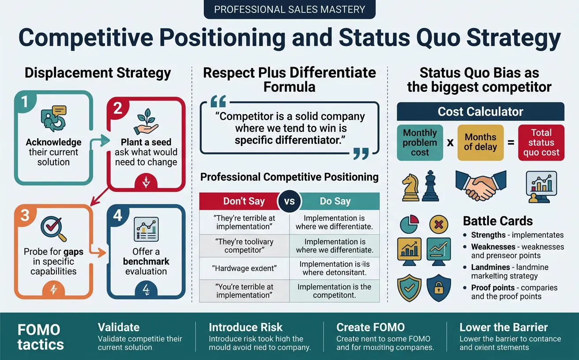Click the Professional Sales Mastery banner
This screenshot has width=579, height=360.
pyautogui.click(x=289, y=9)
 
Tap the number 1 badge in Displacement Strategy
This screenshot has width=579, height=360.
pyautogui.click(x=25, y=102)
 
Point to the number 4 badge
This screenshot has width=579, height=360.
pyautogui.click(x=117, y=216)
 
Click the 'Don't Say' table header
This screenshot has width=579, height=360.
pyautogui.click(x=244, y=201)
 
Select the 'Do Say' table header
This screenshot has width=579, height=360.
pyautogui.click(x=335, y=201)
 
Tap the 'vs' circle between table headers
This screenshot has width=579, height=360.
pyautogui.click(x=289, y=202)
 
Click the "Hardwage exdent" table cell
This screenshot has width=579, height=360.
pyautogui.click(x=244, y=268)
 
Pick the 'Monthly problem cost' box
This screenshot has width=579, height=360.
pyautogui.click(x=420, y=142)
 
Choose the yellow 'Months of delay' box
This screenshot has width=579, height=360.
pyautogui.click(x=480, y=142)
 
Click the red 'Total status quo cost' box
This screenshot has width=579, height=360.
pyautogui.click(x=541, y=142)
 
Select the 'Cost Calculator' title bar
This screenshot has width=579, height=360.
pyautogui.click(x=480, y=112)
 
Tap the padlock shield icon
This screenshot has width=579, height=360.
pyautogui.click(x=439, y=287)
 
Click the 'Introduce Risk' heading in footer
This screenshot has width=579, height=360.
pyautogui.click(x=245, y=327)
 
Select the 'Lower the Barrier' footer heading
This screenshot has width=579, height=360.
pyautogui.click(x=503, y=327)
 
